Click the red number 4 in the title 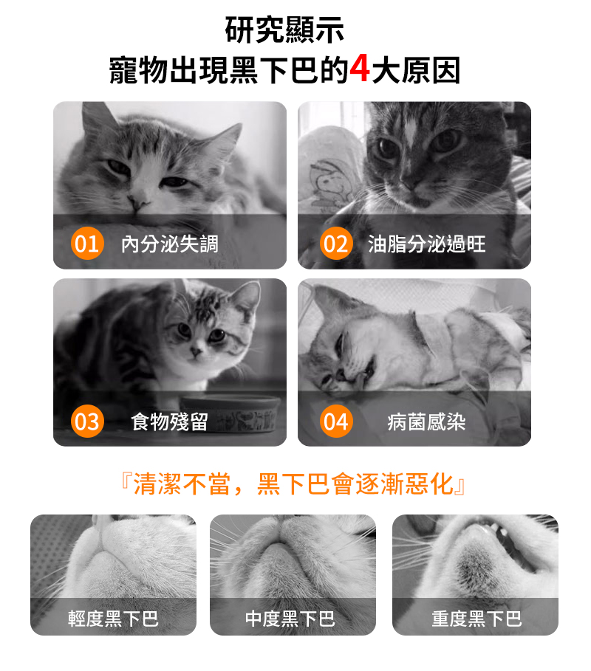360,69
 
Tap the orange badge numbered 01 87,244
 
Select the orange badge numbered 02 336,244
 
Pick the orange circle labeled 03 87,421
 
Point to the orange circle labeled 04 336,421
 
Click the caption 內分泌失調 170,244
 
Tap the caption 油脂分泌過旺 426,244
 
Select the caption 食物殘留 170,421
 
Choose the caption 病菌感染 426,421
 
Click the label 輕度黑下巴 113,619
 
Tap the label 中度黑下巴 290,619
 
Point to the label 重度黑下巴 476,619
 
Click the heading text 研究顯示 284,30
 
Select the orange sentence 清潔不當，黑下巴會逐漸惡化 294,484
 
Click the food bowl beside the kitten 230,413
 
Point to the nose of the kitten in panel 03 197,352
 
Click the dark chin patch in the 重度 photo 474,565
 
